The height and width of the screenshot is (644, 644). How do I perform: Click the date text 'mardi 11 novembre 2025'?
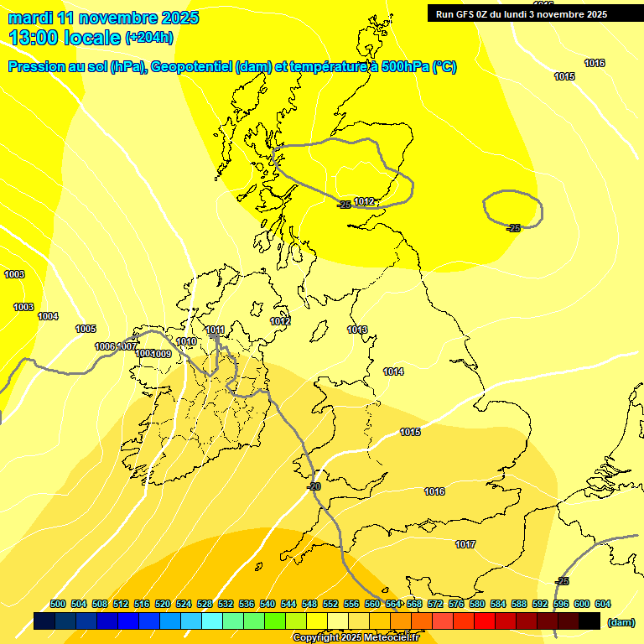(x=104, y=18)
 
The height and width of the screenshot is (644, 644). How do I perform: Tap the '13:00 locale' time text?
(x=64, y=38)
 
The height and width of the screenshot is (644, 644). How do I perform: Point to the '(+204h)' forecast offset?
(x=149, y=38)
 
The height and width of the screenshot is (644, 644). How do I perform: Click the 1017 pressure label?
(x=465, y=545)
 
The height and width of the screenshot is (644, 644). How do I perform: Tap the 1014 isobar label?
(x=393, y=371)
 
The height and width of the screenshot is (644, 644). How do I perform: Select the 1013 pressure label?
(x=357, y=330)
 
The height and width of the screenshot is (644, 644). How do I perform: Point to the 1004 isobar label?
(x=48, y=316)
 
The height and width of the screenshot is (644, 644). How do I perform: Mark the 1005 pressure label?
(x=86, y=330)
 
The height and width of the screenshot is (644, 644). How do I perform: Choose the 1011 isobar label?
(x=215, y=330)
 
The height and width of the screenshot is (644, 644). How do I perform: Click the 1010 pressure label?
(x=186, y=342)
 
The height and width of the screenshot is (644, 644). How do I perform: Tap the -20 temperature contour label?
(x=314, y=486)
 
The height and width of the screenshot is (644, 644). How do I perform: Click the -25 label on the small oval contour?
(x=513, y=228)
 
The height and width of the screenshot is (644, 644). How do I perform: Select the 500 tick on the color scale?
(x=58, y=605)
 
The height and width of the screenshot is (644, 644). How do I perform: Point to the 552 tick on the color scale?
(x=330, y=605)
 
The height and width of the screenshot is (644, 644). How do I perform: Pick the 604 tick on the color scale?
(x=602, y=605)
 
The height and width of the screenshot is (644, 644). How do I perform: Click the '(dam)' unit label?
(x=620, y=621)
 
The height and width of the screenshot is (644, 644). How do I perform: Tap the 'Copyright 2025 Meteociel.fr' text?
(x=356, y=638)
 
